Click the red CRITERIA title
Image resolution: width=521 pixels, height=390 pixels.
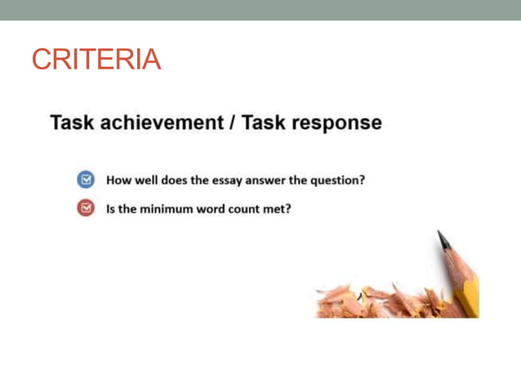pos(96,59)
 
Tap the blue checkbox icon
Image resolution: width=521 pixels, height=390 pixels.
pos(86,179)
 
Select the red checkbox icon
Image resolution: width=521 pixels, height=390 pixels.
pos(86,208)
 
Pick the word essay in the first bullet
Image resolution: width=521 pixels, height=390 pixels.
pos(229,180)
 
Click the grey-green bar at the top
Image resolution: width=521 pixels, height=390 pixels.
pos(260,10)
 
